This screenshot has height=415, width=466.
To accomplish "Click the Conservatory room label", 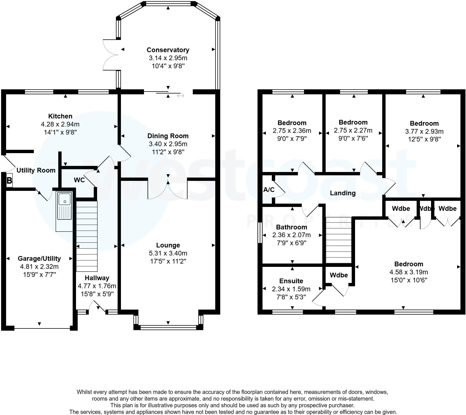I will tap(168, 50).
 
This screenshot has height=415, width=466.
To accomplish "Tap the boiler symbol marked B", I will tap(9, 181).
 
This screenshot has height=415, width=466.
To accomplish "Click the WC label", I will tap(79, 180).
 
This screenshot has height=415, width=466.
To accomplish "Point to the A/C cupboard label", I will tap(269, 190).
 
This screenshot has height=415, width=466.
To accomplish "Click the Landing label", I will tap(343, 193).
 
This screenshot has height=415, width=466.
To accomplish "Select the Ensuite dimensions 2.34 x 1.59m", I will tap(291, 289).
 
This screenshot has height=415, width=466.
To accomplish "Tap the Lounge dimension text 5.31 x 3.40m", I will tap(168, 253).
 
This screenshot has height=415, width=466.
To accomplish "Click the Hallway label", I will tap(97, 278).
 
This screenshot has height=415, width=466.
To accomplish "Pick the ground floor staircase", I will tap(87, 236).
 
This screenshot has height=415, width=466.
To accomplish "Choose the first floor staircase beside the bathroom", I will tap(339, 240).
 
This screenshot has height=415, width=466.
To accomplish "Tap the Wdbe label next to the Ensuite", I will tap(339, 275).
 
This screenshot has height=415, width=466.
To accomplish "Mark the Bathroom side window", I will tap(260, 233).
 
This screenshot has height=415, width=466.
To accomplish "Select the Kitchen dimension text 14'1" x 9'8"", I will tap(60, 132).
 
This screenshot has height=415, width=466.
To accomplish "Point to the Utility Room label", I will tap(36, 170).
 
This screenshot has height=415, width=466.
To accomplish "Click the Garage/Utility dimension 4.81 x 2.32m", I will tap(39, 267).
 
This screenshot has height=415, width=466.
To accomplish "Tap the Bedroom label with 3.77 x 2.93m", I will tap(424, 123).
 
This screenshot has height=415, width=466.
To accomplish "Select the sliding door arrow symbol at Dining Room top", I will tap(181, 96).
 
